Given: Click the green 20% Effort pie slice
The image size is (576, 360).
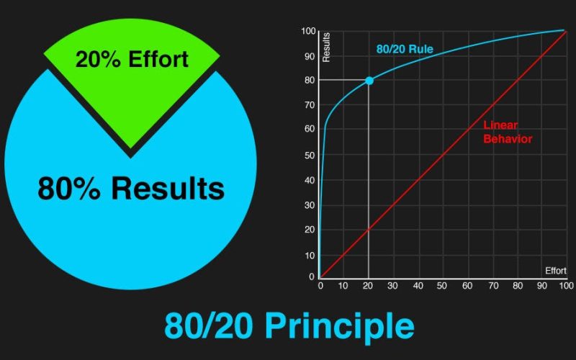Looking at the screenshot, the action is [131, 84].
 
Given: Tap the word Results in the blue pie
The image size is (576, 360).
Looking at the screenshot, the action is [168, 189].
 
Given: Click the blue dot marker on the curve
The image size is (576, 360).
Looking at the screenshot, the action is [369, 81].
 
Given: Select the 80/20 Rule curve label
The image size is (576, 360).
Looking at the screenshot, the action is [405, 49].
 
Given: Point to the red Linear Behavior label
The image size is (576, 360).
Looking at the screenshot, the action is [508, 132].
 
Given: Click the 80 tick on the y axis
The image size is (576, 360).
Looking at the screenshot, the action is [310, 80].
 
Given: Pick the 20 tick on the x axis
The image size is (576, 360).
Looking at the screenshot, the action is [368, 286].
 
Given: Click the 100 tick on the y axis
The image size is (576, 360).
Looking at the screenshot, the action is [308, 31].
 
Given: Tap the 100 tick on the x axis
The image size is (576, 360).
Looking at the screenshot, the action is [566, 286].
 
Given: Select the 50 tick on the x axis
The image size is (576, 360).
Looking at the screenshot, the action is [442, 286].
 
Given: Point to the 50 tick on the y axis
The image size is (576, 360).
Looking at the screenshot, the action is [310, 155].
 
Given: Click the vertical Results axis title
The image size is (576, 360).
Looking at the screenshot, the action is [326, 47].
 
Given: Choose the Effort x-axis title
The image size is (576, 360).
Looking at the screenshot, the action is [555, 271].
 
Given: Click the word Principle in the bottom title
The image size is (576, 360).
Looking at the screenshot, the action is [340, 326].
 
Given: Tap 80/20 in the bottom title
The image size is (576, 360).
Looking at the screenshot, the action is [208, 326].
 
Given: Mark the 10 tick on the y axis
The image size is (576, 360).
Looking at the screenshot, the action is [310, 256].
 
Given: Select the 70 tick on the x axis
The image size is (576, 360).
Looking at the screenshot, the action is [493, 286].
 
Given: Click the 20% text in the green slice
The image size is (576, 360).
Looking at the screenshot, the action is [98, 59].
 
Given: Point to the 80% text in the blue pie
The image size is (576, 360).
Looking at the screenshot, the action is [69, 189].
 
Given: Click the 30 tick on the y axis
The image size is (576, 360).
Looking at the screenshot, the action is [310, 205].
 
